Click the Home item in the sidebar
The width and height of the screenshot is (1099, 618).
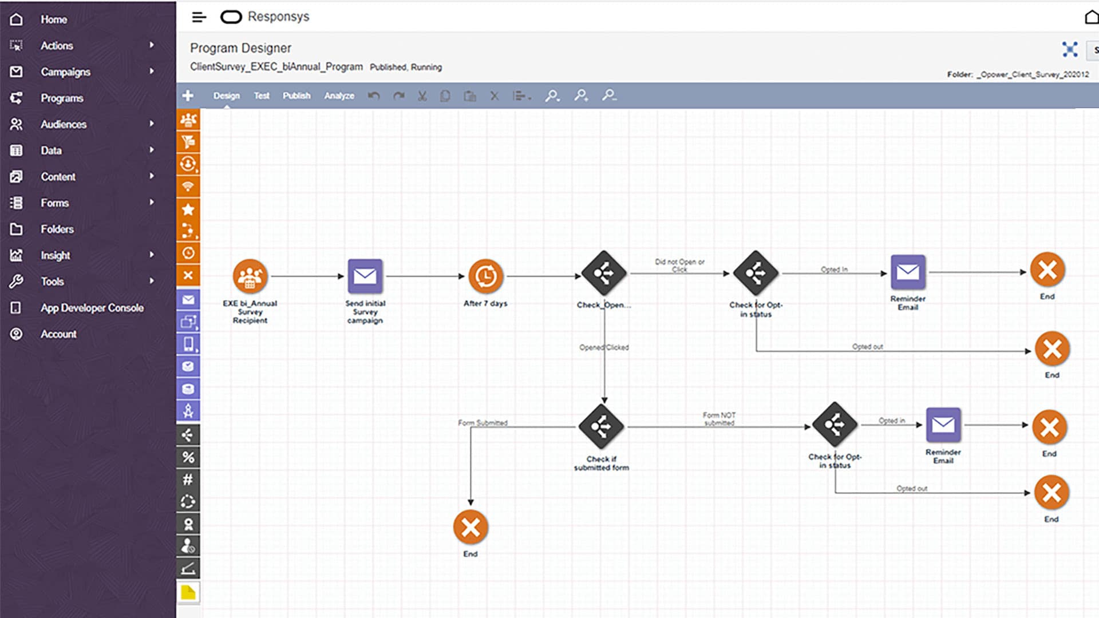53,19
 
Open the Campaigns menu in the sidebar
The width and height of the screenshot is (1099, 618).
65,72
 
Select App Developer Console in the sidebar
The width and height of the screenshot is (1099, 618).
92,308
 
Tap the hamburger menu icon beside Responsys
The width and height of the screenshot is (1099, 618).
199,17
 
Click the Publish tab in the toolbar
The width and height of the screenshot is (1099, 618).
296,96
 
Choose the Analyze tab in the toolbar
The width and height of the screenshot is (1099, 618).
339,96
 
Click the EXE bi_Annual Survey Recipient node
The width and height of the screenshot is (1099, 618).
250,276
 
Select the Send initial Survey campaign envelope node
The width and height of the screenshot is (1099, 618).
365,276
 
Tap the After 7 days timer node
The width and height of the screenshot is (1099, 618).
485,276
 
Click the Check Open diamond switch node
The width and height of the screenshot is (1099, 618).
604,274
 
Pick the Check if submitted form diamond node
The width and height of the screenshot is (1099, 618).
601,426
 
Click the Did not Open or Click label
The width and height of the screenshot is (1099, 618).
679,265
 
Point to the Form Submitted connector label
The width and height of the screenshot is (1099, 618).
483,423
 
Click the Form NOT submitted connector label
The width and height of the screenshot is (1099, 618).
719,419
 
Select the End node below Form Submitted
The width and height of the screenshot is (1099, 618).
471,527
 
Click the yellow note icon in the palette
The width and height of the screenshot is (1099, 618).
188,592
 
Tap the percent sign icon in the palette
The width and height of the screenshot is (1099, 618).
188,457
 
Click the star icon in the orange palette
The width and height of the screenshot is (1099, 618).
188,209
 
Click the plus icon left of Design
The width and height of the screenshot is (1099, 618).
188,96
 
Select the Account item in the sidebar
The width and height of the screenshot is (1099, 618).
58,334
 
